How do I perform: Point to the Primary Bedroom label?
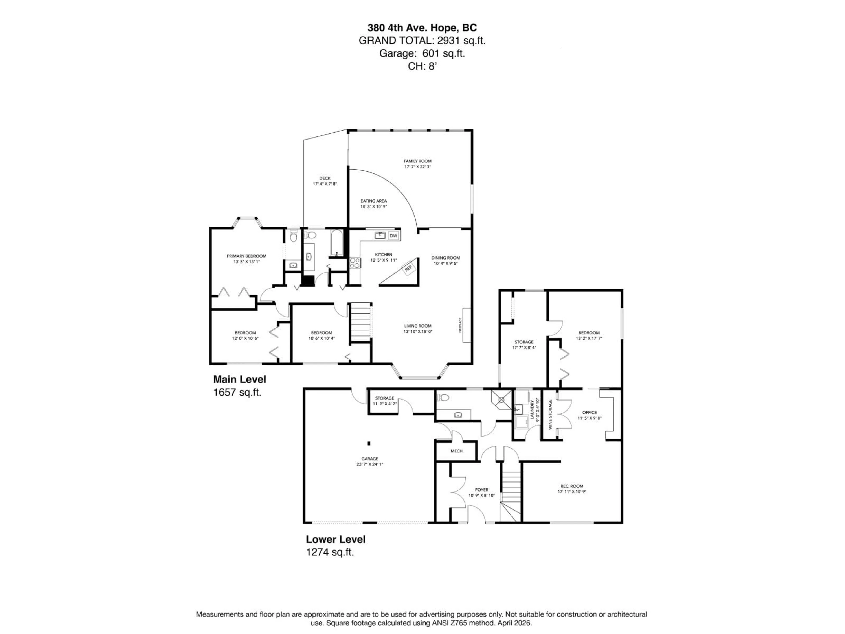[x=246, y=256]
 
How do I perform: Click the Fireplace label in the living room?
[x=460, y=325]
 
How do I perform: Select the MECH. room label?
[x=457, y=451]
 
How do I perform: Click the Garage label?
[x=370, y=459]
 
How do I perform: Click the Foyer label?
[x=481, y=490]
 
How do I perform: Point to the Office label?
[x=590, y=412]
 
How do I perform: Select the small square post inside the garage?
[x=369, y=443]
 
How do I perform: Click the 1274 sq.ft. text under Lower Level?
[x=330, y=552]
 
